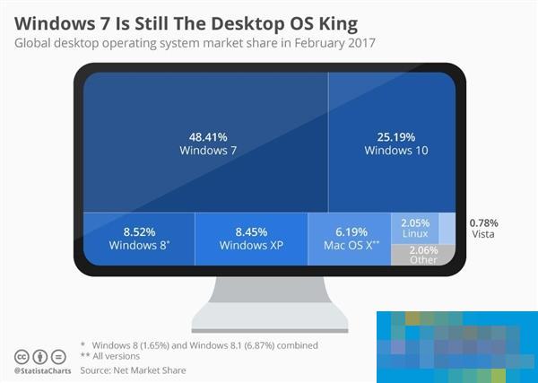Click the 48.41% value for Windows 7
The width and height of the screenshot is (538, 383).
[x=208, y=136]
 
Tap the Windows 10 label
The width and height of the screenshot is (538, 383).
[x=395, y=151]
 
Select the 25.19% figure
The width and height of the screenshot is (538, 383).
[x=395, y=136]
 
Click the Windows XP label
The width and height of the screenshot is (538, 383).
[x=251, y=245]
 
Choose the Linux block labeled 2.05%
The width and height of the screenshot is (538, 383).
[x=415, y=228]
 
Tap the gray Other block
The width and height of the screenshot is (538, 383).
[x=415, y=255]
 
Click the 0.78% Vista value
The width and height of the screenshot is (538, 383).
[x=484, y=222]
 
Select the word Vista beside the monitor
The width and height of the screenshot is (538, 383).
[x=482, y=234]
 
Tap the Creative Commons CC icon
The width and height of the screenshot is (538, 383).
[x=22, y=355]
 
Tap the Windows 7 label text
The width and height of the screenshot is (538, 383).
[x=208, y=151]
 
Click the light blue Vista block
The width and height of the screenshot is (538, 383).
[x=446, y=227]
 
